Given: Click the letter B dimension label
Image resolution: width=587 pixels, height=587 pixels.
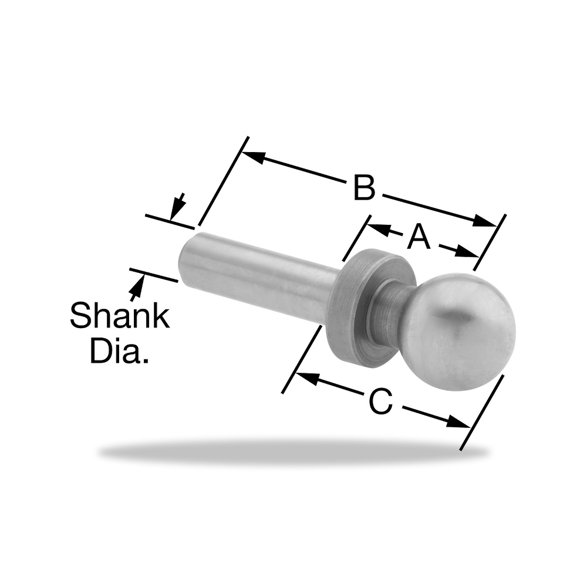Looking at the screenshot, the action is [x=364, y=188].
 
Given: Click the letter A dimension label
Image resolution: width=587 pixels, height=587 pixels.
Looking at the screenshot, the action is [x=419, y=237].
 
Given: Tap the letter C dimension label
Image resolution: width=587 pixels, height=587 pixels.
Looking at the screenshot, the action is [x=381, y=401].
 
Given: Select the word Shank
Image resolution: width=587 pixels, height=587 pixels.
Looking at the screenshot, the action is [x=120, y=316].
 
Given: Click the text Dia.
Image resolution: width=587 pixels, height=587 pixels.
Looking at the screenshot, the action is [x=120, y=350].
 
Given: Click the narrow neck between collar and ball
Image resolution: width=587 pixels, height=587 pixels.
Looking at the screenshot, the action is [x=386, y=307].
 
